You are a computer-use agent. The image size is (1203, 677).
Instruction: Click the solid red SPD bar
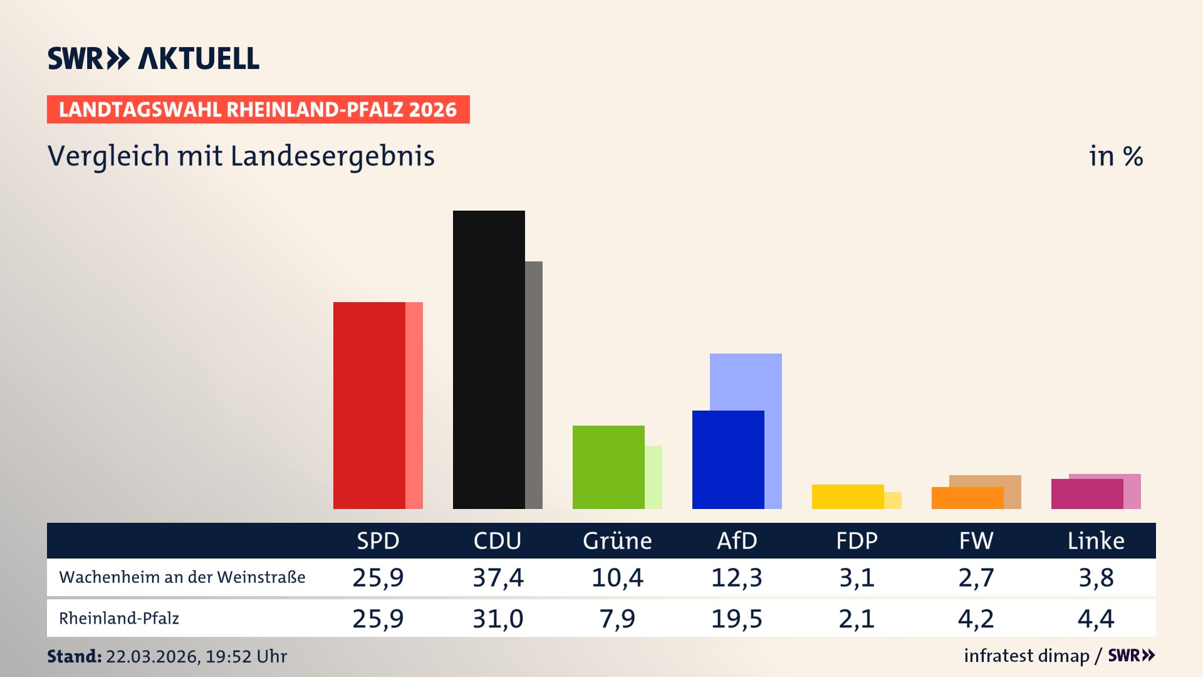coord(369,405)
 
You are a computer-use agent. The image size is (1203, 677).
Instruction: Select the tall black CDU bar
coord(489,359)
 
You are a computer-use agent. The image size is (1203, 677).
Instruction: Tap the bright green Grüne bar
coord(608,467)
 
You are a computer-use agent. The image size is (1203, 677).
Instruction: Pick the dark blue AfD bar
coord(728,459)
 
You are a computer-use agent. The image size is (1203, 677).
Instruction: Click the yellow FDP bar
coord(848,496)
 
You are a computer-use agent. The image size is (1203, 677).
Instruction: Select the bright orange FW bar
coord(967,498)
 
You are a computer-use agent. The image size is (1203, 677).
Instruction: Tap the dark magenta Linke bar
coord(1087,494)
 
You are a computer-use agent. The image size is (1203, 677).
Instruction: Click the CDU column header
coord(497,540)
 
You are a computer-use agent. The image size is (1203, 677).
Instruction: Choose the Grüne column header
coord(617,540)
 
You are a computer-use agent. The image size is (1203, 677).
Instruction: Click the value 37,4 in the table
coord(497,577)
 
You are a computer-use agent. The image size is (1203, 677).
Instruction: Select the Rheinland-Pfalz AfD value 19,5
coord(737,619)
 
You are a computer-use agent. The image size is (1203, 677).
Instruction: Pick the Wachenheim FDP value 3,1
coord(857,577)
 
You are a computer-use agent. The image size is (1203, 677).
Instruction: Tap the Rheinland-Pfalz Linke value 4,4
coord(1096,619)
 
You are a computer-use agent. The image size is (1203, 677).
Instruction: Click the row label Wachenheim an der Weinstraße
coord(182,577)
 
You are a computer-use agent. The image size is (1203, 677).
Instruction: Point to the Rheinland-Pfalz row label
coord(119,619)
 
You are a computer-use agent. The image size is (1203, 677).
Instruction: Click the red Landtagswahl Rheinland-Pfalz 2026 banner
coord(258,110)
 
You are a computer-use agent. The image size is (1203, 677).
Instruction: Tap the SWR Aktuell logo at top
coord(154,58)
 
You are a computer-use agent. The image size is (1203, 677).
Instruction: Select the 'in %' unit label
coord(1116,156)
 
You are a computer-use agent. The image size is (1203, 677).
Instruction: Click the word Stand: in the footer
coord(74,656)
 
